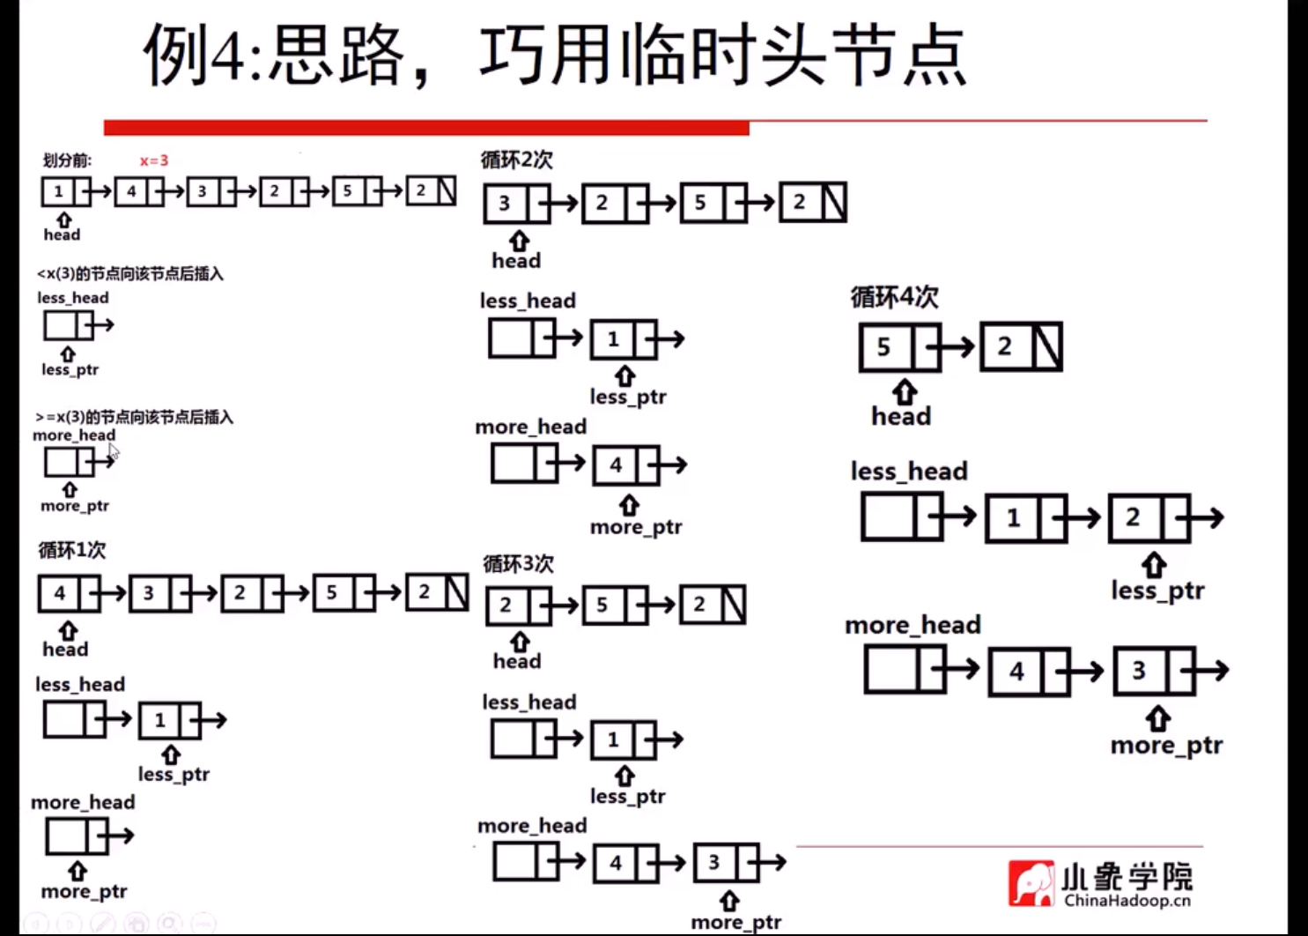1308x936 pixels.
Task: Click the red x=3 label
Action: [x=153, y=160]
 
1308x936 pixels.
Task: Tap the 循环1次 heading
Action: [x=71, y=550]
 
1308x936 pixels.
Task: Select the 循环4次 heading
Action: [x=894, y=297]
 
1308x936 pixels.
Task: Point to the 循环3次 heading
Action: [x=518, y=563]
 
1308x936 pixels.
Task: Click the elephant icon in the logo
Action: [x=1031, y=883]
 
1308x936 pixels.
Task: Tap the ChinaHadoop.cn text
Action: [x=1127, y=901]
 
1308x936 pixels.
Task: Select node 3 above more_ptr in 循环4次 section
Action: [x=1139, y=671]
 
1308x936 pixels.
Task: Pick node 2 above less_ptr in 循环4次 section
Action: [x=1133, y=517]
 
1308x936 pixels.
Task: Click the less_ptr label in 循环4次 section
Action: [x=1157, y=591]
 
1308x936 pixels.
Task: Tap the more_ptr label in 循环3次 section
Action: [x=735, y=922]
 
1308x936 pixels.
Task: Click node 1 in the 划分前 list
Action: [x=58, y=191]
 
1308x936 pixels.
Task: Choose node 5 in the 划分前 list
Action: [x=348, y=191]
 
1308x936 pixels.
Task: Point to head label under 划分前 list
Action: [x=62, y=234]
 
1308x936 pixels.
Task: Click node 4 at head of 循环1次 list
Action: [x=59, y=593]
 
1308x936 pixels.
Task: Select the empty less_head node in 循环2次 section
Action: [x=512, y=338]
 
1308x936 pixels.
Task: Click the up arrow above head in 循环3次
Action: [x=520, y=642]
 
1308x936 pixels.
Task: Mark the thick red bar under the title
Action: [x=426, y=129]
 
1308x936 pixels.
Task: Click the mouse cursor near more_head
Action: [x=114, y=452]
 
